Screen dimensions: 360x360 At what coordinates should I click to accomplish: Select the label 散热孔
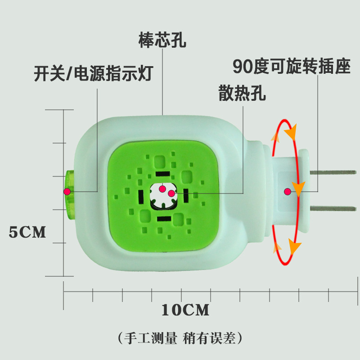click(x=242, y=94)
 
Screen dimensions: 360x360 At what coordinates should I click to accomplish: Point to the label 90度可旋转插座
click(x=291, y=67)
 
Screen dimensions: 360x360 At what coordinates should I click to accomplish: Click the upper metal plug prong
click(x=333, y=173)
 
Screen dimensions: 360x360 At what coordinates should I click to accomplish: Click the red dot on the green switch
click(x=67, y=192)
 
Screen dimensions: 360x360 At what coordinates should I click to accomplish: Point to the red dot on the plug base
click(x=287, y=192)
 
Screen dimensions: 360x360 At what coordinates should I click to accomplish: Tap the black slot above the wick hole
click(x=162, y=174)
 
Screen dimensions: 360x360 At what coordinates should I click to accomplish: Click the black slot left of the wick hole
click(x=141, y=196)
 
